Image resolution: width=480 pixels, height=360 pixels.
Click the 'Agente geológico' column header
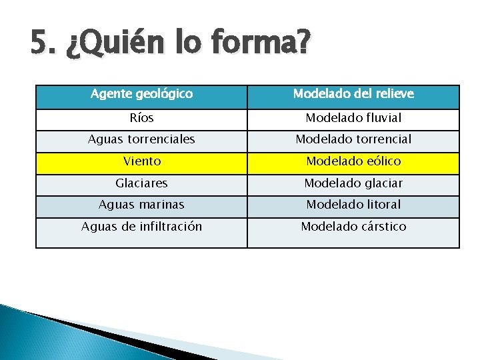141,94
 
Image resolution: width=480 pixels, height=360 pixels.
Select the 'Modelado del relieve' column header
353,94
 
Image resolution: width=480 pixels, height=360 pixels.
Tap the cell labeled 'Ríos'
141,118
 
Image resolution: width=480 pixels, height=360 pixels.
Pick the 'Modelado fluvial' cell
353,118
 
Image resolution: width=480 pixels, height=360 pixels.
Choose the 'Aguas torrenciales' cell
141,139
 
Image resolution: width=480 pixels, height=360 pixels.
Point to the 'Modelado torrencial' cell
353,139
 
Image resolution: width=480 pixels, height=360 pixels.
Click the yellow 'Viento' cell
141,161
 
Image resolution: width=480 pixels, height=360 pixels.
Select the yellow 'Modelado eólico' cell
353,161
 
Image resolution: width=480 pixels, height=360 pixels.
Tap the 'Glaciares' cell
141,183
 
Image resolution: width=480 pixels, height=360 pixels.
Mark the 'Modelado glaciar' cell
353,183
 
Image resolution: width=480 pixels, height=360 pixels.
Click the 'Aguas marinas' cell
141,205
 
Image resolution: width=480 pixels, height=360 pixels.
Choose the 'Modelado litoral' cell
353,205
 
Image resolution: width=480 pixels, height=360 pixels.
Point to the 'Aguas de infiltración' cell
141,227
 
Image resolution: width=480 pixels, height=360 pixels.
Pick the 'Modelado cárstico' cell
353,227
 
